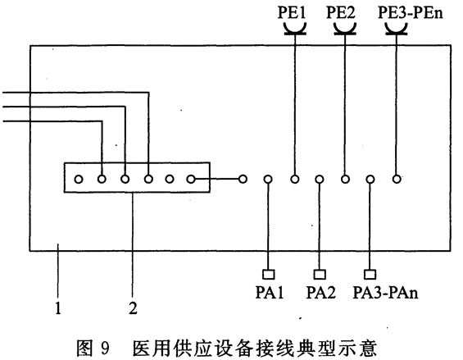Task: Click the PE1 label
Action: click(292, 12)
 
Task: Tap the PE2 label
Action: click(340, 12)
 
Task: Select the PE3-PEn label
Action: click(411, 13)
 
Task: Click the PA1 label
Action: click(270, 293)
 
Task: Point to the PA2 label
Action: click(321, 293)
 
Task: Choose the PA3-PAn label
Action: click(385, 293)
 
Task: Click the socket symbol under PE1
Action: click(295, 30)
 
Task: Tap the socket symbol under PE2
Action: click(345, 30)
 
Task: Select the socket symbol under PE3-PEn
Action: click(397, 30)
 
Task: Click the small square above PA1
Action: click(269, 274)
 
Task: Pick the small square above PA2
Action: click(320, 274)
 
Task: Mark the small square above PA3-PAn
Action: click(370, 274)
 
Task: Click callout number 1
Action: click(58, 308)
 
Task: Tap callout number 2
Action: click(134, 308)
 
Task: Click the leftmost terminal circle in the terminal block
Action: click(79, 179)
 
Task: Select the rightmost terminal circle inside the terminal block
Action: click(191, 179)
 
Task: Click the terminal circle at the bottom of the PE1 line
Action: click(295, 179)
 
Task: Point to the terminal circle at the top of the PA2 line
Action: click(320, 179)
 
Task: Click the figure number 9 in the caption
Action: click(105, 349)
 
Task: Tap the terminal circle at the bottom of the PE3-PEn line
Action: click(397, 179)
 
